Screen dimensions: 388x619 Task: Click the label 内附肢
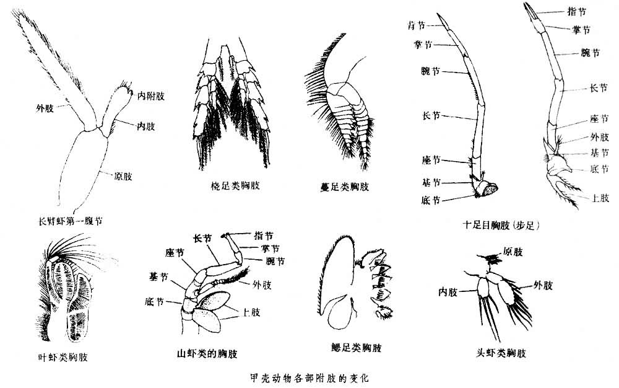point(151,97)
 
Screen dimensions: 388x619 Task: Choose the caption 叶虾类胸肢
point(62,357)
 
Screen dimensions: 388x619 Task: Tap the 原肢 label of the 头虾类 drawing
point(514,252)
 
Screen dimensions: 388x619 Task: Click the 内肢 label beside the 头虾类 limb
point(448,291)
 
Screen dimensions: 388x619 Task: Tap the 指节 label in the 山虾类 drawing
point(264,235)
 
